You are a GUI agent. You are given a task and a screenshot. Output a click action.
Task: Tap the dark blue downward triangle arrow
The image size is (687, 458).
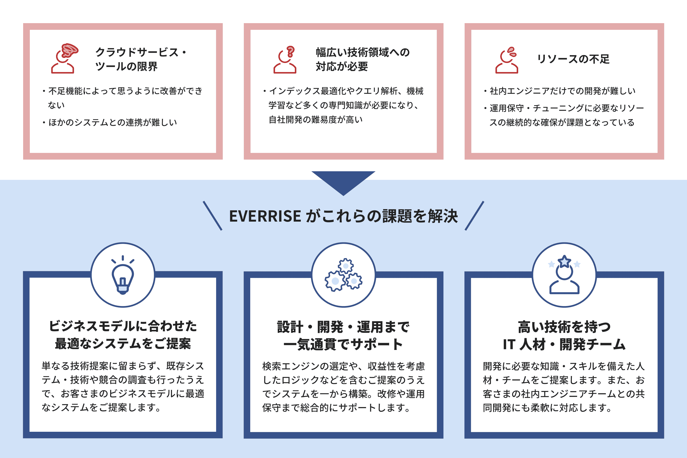pos(343,181)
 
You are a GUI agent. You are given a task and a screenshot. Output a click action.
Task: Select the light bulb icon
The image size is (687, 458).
pos(123,276)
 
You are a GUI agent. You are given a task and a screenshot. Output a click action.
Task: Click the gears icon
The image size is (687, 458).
pos(343,275)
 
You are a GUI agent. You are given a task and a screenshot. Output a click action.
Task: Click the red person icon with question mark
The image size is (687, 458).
pos(285,60)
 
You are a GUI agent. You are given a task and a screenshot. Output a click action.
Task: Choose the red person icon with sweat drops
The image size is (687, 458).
pos(507,60)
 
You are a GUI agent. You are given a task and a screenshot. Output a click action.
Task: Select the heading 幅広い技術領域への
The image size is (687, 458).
pos(363,52)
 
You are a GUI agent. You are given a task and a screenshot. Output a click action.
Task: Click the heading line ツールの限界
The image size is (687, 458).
pos(126,67)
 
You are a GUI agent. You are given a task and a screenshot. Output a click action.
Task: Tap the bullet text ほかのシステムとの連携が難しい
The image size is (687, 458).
pos(112,122)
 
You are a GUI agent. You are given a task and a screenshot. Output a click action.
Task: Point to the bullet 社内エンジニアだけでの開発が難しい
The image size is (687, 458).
pos(562,91)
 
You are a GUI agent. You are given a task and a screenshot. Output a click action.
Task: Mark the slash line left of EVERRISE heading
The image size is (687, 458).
pos(212,216)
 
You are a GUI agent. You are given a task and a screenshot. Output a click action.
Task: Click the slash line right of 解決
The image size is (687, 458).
pos(474,216)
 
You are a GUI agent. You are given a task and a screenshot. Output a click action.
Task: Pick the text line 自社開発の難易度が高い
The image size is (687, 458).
pos(315,120)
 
